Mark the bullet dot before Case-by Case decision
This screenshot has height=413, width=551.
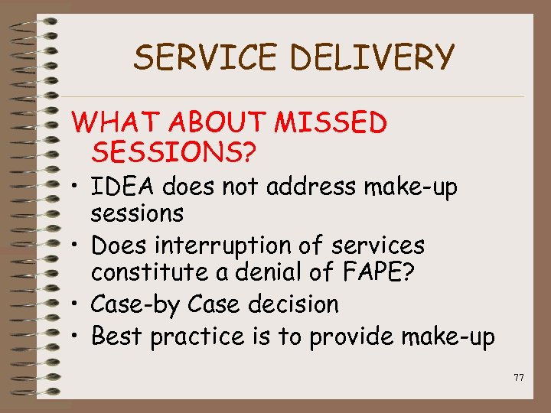click(77, 305)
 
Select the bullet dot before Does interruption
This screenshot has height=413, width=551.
click(77, 246)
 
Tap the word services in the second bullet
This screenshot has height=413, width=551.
click(376, 246)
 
